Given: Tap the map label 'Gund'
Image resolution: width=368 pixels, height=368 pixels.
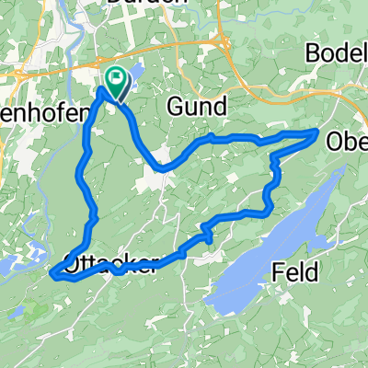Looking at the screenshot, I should point(196,107).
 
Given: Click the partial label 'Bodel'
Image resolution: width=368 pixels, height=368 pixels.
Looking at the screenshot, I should point(339,52).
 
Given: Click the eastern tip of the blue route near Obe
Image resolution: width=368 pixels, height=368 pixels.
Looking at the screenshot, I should point(317,133).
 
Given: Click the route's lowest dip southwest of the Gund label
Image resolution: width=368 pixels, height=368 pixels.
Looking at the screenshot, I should point(162,168).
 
